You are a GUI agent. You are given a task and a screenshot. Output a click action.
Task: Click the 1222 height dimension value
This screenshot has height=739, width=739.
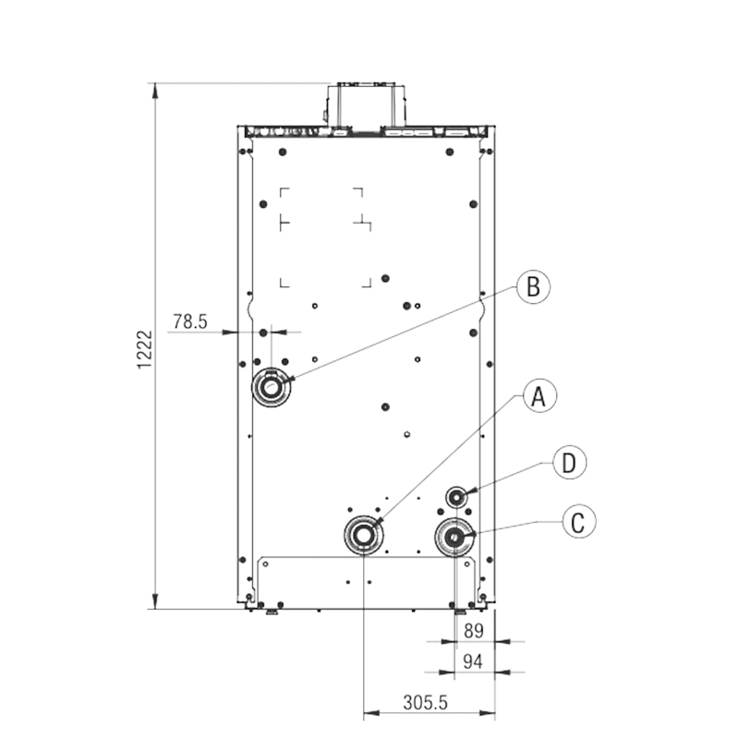(x=145, y=350)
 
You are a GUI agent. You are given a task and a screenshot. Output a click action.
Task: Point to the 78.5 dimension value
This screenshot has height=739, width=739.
(x=190, y=321)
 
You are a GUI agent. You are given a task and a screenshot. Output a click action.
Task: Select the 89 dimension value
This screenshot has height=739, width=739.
(x=474, y=631)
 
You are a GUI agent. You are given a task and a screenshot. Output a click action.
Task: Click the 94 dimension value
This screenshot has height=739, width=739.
(x=473, y=661)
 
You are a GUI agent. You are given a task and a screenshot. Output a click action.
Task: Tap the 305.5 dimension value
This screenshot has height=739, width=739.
(x=425, y=703)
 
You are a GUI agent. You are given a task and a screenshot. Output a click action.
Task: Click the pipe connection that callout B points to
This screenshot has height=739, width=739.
(x=271, y=388)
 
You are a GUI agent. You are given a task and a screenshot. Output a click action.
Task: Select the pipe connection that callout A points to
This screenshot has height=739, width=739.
(x=363, y=536)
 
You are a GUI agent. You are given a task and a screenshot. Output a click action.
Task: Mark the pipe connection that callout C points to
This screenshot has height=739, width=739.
(x=454, y=537)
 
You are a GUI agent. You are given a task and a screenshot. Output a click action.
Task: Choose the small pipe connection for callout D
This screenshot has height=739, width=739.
(x=456, y=497)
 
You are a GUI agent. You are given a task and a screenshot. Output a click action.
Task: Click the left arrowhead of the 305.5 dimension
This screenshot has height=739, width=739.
(x=372, y=712)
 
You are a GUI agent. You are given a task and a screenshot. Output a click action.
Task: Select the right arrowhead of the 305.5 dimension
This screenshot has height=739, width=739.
(x=488, y=712)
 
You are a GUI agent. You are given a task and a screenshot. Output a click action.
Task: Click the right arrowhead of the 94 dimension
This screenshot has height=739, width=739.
(x=503, y=672)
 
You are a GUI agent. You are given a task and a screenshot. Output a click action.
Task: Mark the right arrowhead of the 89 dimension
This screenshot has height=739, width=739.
(x=503, y=641)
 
